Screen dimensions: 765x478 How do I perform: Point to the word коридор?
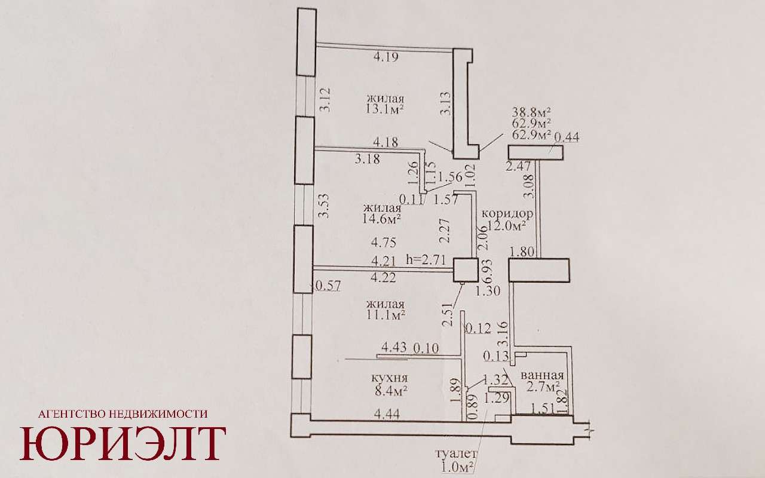point(507,214)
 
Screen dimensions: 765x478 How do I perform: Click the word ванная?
point(542,376)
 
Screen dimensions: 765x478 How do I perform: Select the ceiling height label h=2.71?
point(426,260)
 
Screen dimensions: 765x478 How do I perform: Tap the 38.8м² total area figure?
point(532,112)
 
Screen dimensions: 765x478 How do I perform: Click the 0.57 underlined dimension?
point(328,286)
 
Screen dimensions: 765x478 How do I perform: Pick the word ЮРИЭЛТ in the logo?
point(123,443)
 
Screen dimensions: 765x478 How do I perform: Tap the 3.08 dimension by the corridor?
point(529,186)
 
